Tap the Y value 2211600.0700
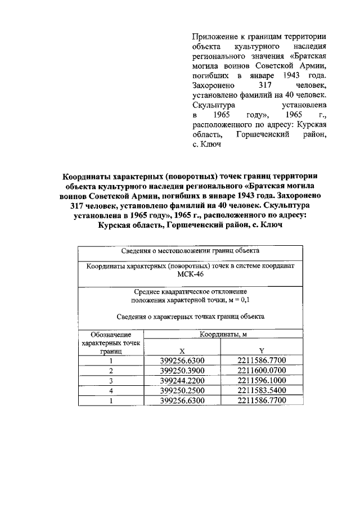point(262,370)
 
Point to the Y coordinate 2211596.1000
point(262,380)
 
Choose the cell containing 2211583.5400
point(262,390)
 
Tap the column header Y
point(262,350)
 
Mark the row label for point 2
point(111,370)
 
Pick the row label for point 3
point(111,380)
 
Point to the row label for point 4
point(111,390)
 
